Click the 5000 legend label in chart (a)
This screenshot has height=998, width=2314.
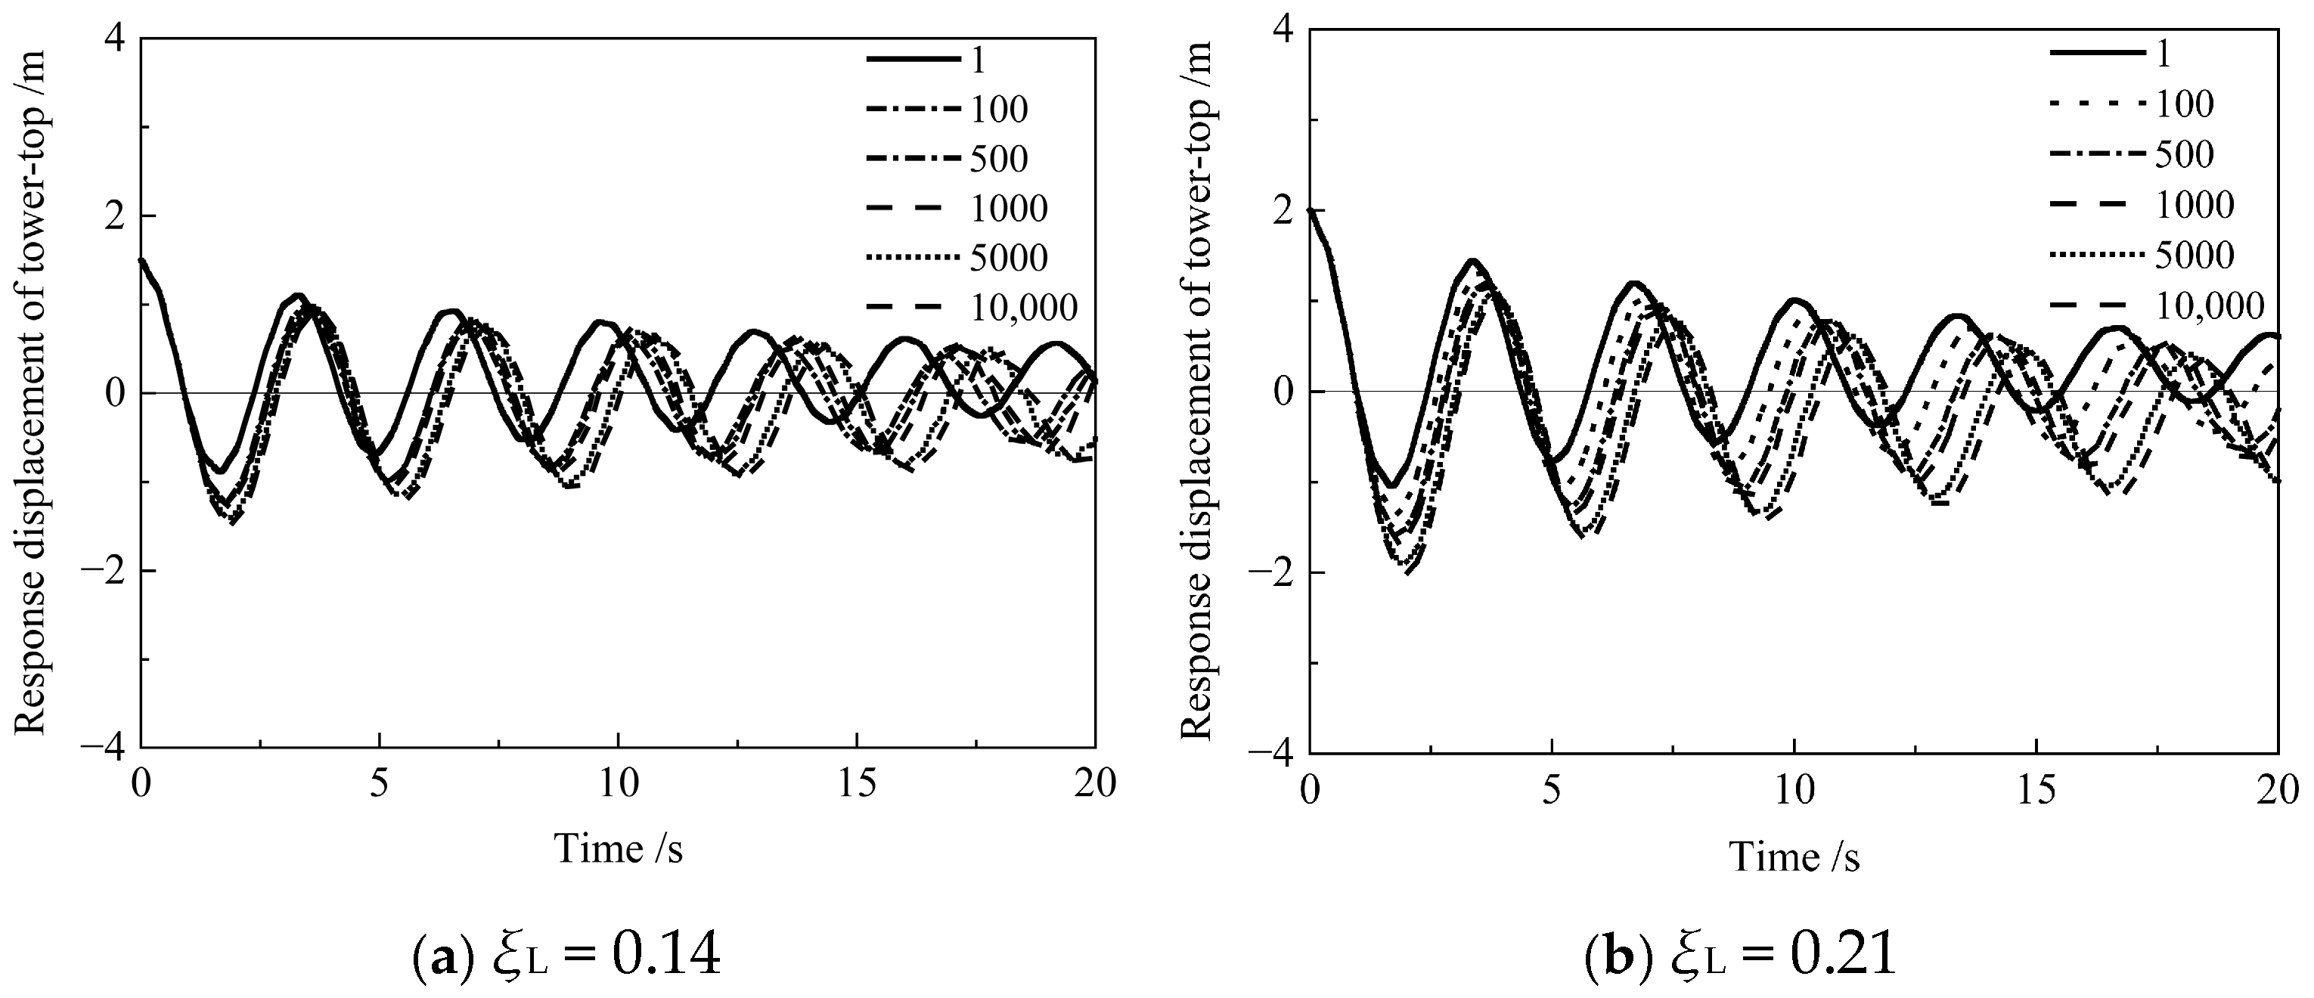(x=1009, y=259)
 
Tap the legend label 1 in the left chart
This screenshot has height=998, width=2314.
(x=979, y=60)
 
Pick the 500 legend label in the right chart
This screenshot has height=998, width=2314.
(x=2185, y=154)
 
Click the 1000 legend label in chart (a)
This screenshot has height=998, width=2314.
(x=1009, y=209)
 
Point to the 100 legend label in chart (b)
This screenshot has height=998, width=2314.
(x=2185, y=104)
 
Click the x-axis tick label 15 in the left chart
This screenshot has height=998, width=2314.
(x=858, y=783)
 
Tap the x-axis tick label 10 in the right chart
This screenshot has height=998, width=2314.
(x=1794, y=791)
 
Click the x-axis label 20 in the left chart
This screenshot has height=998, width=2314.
(x=1094, y=783)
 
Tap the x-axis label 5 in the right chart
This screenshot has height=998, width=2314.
(x=1551, y=791)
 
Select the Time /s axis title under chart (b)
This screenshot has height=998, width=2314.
(x=1794, y=856)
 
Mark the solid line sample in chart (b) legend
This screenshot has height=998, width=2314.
(x=2089, y=54)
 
